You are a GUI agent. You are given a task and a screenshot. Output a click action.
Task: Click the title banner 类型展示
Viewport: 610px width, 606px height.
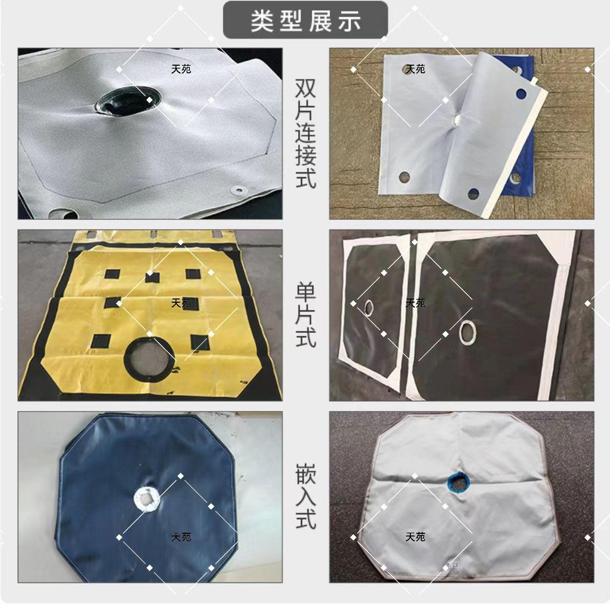click(x=305, y=20)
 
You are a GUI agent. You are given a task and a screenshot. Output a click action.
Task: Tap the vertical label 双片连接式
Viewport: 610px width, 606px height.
click(x=305, y=133)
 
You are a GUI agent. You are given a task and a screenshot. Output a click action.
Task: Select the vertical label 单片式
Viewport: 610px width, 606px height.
click(x=305, y=315)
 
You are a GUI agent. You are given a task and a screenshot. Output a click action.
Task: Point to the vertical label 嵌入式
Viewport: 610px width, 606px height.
click(x=305, y=496)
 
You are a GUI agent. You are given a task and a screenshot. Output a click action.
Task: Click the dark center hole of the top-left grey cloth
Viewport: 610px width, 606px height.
click(x=128, y=101)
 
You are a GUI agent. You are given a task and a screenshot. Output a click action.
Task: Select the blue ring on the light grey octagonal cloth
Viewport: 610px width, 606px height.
click(x=458, y=482)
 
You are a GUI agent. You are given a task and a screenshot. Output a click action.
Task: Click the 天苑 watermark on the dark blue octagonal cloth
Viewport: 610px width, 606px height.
click(x=181, y=537)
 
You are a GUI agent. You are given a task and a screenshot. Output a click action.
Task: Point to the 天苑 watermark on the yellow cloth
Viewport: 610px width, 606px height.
click(x=181, y=303)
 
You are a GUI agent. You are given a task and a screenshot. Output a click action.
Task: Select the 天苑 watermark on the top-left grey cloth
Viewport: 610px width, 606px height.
click(x=181, y=69)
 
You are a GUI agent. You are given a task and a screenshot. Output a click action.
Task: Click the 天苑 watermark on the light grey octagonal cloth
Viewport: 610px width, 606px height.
click(x=415, y=537)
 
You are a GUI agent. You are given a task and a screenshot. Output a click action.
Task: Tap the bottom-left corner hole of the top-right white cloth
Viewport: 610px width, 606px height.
click(x=405, y=177)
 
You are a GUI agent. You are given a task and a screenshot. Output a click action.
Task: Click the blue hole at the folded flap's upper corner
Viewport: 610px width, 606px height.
click(x=521, y=94)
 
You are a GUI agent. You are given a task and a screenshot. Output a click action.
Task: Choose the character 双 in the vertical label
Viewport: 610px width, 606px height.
click(x=305, y=88)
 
